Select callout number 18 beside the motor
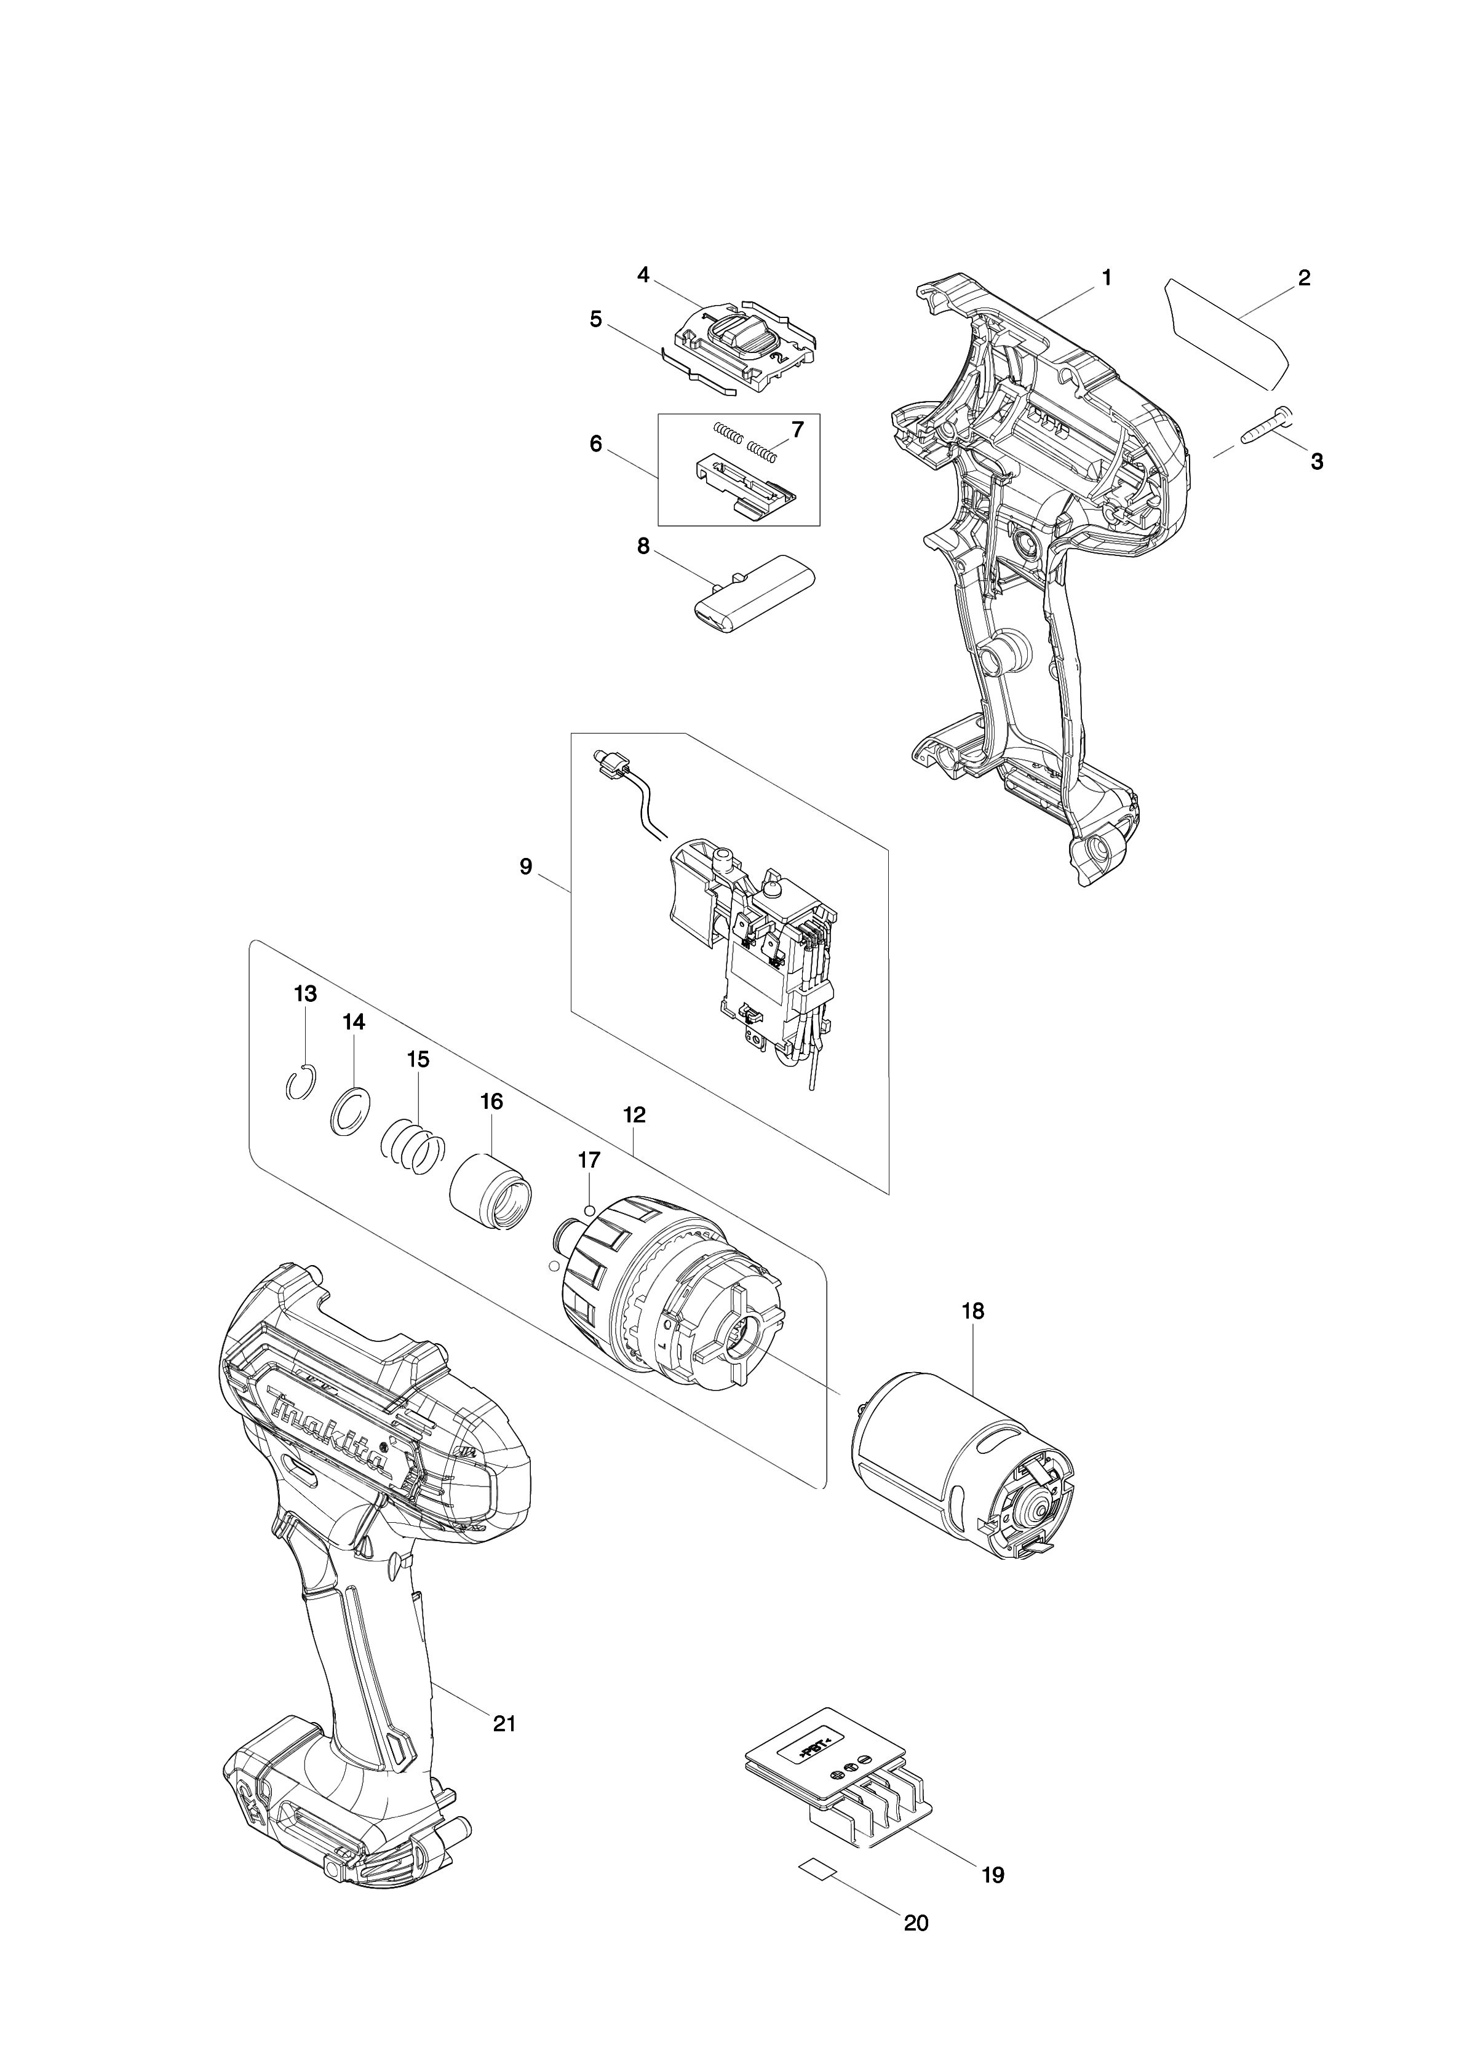973,1311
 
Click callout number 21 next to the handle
504,1723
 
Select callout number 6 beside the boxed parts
595,445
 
